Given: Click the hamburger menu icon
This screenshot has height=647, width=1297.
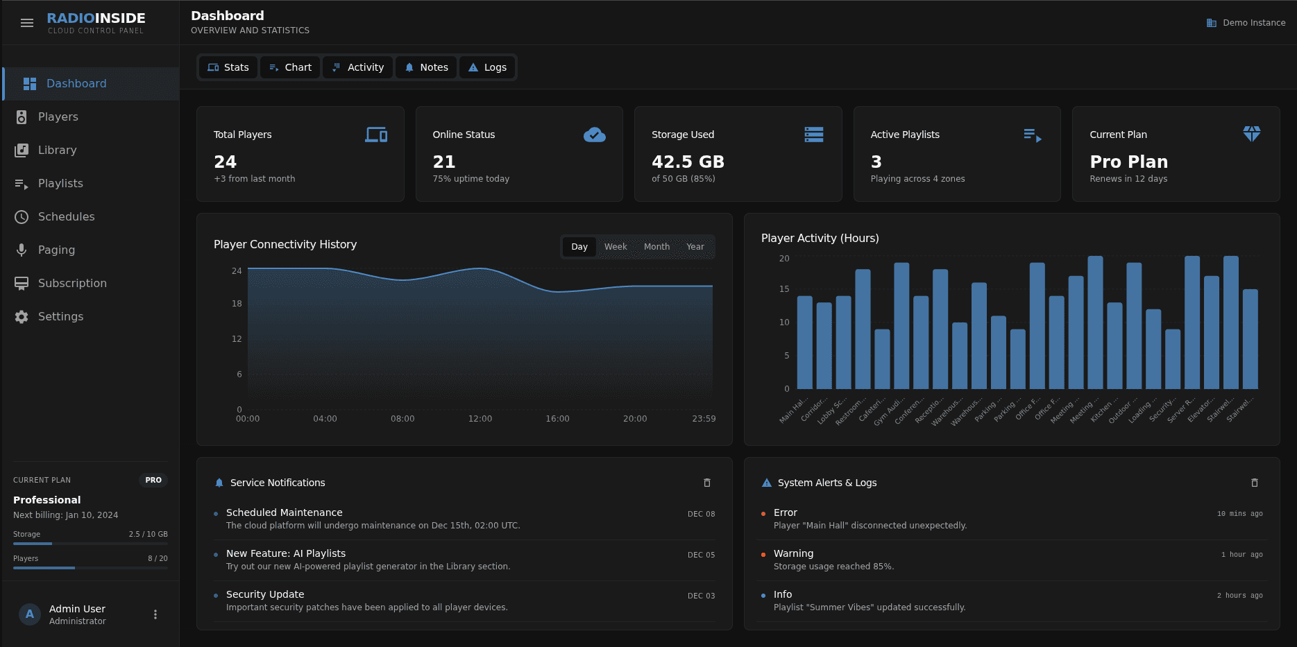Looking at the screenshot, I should pyautogui.click(x=27, y=23).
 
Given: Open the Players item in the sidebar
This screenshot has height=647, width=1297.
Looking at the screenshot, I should pyautogui.click(x=58, y=117).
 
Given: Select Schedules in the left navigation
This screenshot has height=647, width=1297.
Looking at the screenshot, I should pyautogui.click(x=66, y=216).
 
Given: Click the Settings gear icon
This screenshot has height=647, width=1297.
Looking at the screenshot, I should pyautogui.click(x=22, y=316).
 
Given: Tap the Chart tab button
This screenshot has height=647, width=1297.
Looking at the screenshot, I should pyautogui.click(x=290, y=67).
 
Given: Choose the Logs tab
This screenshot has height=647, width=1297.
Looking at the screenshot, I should pyautogui.click(x=487, y=67).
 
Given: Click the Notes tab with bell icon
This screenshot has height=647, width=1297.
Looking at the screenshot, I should pyautogui.click(x=426, y=67).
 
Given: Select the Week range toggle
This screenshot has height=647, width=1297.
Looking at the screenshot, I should pyautogui.click(x=615, y=247).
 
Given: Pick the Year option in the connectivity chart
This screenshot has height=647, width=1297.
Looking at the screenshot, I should pyautogui.click(x=695, y=247).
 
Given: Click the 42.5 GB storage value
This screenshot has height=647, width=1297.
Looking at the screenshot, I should pyautogui.click(x=687, y=162).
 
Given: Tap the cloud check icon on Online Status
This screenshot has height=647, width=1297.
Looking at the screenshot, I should pyautogui.click(x=594, y=135).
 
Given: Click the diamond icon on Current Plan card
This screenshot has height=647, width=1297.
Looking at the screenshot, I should pyautogui.click(x=1251, y=134).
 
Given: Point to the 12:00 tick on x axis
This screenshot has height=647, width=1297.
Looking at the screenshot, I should pyautogui.click(x=480, y=419).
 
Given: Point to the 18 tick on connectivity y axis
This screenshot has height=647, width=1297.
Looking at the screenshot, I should pyautogui.click(x=237, y=304).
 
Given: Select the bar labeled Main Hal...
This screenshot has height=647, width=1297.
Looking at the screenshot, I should pyautogui.click(x=804, y=343).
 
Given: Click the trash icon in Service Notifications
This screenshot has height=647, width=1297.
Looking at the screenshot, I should pyautogui.click(x=707, y=483).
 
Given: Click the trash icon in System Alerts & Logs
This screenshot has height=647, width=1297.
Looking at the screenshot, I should pyautogui.click(x=1254, y=483).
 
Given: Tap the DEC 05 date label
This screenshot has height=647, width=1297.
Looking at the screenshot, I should pyautogui.click(x=701, y=555).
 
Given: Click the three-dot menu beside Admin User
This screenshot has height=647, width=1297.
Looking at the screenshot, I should pyautogui.click(x=155, y=614).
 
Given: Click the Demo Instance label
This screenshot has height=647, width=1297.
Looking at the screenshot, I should pyautogui.click(x=1253, y=23).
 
